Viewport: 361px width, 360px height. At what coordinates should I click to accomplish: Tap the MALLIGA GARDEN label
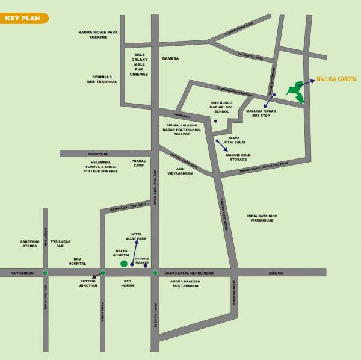click(336, 79)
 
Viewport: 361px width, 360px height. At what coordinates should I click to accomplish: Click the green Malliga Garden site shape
click(296, 91)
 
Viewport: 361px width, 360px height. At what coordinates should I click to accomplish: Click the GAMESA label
click(171, 58)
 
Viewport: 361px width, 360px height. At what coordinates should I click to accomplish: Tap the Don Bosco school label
click(222, 107)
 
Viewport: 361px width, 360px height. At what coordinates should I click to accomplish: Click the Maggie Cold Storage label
click(238, 157)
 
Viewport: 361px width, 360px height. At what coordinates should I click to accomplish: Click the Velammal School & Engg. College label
click(100, 166)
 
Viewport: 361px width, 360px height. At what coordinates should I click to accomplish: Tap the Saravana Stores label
click(29, 243)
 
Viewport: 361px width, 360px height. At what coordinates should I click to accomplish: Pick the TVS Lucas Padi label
click(60, 243)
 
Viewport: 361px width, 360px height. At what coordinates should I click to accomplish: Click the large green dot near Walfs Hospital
click(124, 264)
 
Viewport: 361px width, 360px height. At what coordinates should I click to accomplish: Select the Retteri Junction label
click(88, 283)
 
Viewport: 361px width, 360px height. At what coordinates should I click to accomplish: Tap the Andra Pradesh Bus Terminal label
click(185, 283)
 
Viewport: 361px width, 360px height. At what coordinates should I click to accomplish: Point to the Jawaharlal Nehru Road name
click(189, 273)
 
